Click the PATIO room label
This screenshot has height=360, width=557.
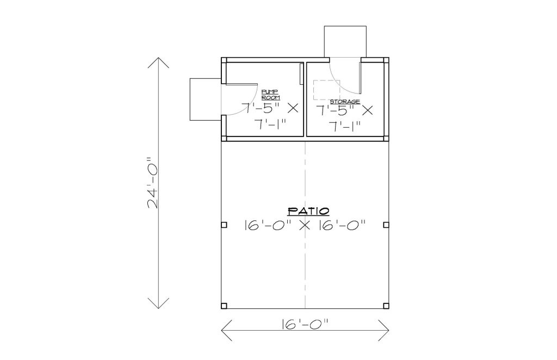[308, 211]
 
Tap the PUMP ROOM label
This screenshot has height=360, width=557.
[271, 95]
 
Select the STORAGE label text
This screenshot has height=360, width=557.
[345, 102]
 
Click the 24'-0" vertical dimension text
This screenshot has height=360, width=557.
[153, 183]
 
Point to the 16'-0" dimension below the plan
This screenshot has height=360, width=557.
[305, 324]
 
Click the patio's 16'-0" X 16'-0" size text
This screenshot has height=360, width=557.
[305, 225]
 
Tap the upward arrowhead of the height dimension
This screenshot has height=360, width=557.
[158, 63]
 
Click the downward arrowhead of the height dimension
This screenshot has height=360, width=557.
[158, 303]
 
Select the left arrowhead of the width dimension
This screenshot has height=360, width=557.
[227, 331]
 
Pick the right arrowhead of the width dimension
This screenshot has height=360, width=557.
[383, 331]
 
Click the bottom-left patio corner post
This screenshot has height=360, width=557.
[224, 306]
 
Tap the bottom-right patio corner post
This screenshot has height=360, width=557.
[386, 306]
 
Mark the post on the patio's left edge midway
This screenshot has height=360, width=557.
[224, 225]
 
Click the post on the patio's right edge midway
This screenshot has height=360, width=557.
[386, 225]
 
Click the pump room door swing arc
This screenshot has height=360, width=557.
[249, 106]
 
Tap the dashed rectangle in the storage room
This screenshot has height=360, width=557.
[326, 90]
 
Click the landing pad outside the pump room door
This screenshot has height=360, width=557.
[206, 100]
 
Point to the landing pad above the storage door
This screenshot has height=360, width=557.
[345, 41]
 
